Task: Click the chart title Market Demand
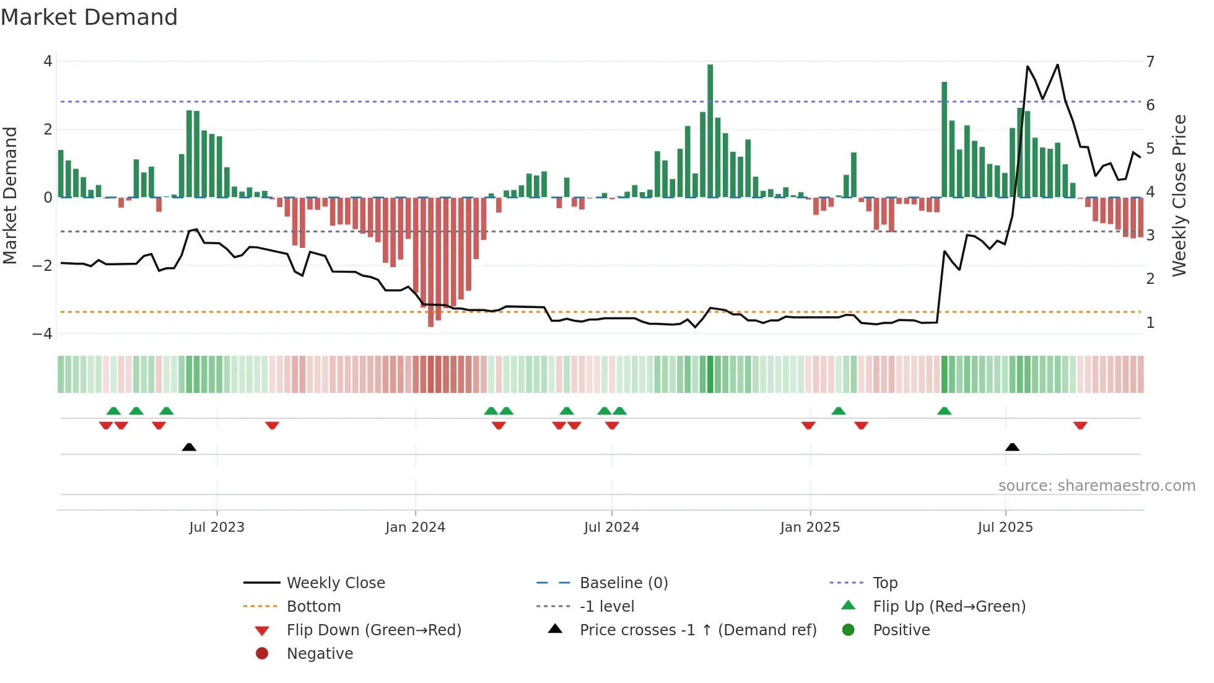pyautogui.click(x=89, y=17)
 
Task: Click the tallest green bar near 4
pyautogui.click(x=710, y=130)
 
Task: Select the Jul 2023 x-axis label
pyautogui.click(x=217, y=527)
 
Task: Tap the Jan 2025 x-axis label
pyautogui.click(x=810, y=527)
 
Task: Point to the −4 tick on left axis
pyautogui.click(x=43, y=333)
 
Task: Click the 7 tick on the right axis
pyautogui.click(x=1150, y=61)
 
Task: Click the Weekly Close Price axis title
pyautogui.click(x=1179, y=195)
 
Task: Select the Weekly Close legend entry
pyautogui.click(x=335, y=583)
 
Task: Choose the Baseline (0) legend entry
pyautogui.click(x=623, y=583)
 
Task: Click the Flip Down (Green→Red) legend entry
pyautogui.click(x=373, y=630)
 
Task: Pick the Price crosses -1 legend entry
pyautogui.click(x=697, y=630)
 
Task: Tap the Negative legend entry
pyautogui.click(x=320, y=653)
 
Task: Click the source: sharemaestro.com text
pyautogui.click(x=1096, y=485)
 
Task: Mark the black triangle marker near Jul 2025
pyautogui.click(x=1012, y=447)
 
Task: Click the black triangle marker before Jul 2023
pyautogui.click(x=189, y=447)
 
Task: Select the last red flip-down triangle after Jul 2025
pyautogui.click(x=1080, y=425)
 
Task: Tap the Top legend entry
pyautogui.click(x=885, y=583)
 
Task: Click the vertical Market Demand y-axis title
pyautogui.click(x=11, y=195)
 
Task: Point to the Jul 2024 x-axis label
pyautogui.click(x=611, y=527)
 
